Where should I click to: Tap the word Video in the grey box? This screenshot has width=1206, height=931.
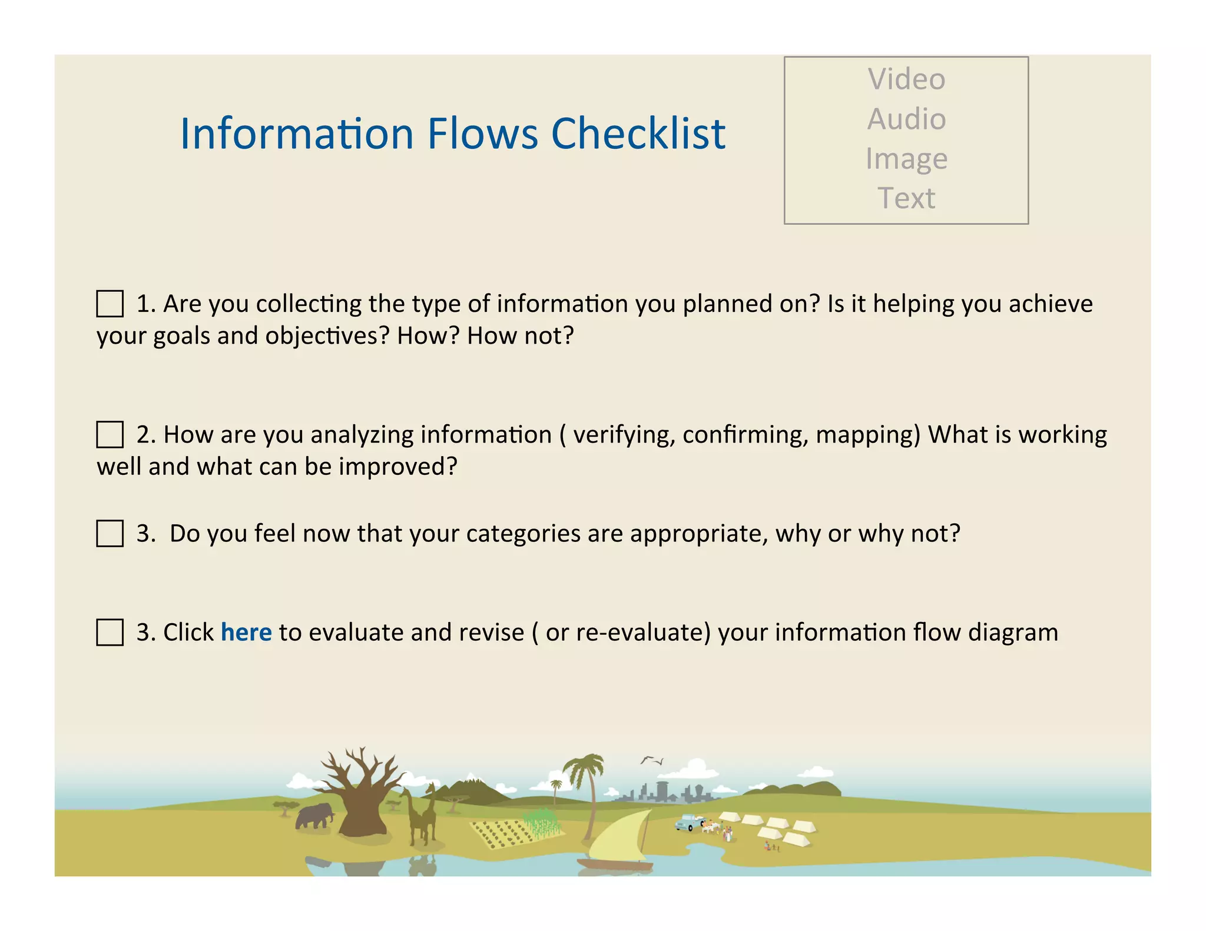tap(906, 79)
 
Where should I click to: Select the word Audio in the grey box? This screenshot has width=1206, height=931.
tap(906, 119)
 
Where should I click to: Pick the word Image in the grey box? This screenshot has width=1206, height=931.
tap(906, 159)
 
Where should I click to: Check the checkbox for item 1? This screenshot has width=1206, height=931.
tap(110, 304)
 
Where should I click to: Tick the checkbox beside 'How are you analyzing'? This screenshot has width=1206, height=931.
tap(110, 435)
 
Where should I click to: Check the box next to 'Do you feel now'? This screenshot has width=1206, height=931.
tap(110, 534)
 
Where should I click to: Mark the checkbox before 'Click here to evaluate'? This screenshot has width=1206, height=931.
tap(110, 633)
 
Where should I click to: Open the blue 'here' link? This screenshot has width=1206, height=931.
tap(246, 633)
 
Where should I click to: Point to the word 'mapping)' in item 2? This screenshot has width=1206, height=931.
tap(868, 435)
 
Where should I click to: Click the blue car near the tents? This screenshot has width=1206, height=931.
tap(688, 822)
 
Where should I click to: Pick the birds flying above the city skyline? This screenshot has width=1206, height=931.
tap(652, 760)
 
